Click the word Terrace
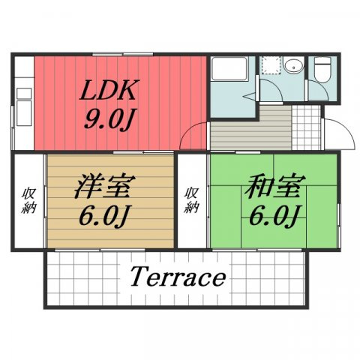pos(178,277)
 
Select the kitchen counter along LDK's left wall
pos(23,101)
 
